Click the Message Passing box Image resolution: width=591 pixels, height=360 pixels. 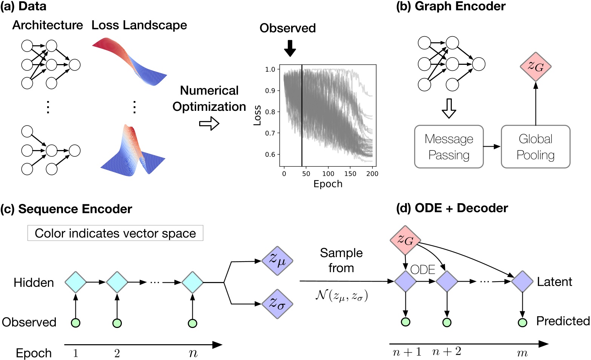tap(449, 147)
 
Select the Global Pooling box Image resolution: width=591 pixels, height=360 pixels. tap(535, 147)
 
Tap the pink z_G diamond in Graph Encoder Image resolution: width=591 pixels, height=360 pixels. tap(536, 67)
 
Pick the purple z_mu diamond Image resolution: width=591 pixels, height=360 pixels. tap(277, 260)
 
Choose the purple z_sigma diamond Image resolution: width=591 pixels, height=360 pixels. tap(277, 304)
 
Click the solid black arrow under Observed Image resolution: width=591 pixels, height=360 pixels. tap(290, 48)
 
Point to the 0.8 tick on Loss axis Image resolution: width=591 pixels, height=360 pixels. tap(270, 112)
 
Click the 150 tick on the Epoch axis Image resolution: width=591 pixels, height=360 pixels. tap(350, 174)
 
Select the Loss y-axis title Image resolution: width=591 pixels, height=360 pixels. tap(257, 115)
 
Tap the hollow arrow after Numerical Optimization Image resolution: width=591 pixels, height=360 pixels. tap(209, 123)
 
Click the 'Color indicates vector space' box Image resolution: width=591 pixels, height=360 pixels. tap(115, 233)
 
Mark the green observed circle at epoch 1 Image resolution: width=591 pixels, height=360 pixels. tap(76, 323)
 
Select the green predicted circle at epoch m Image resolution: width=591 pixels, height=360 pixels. tap(522, 323)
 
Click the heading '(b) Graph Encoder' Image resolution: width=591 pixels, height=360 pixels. tap(451, 6)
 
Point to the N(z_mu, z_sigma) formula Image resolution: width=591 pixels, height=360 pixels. tap(341, 295)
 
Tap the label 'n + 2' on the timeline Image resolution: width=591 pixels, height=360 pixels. tap(447, 352)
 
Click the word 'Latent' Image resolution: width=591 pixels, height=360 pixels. tap(554, 282)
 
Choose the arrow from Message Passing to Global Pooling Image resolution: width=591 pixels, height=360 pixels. tap(492, 147)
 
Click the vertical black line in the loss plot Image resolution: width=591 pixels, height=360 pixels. tap(302, 117)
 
